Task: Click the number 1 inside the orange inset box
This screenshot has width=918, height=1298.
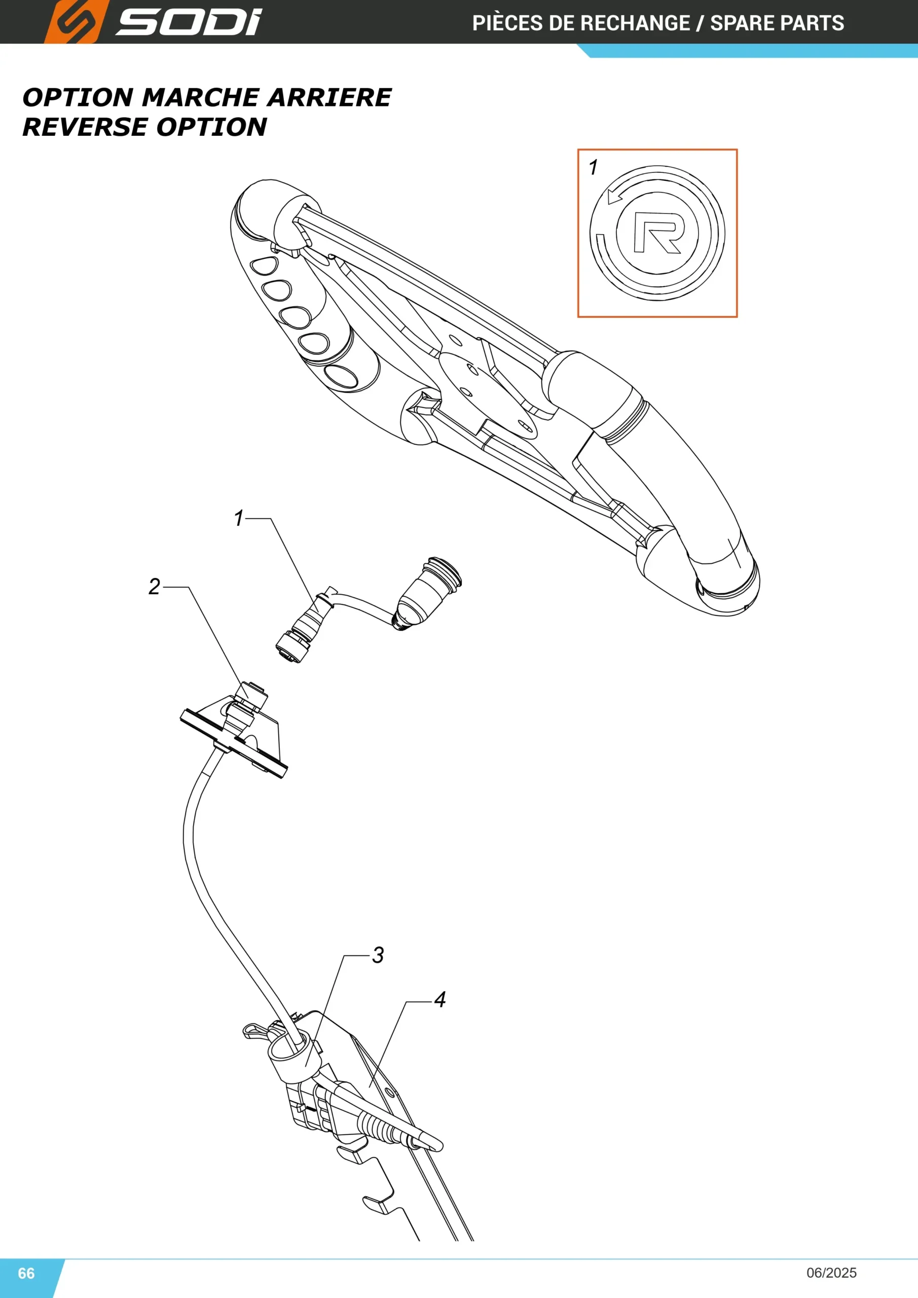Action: (x=593, y=167)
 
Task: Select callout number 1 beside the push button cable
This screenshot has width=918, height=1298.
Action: (x=239, y=518)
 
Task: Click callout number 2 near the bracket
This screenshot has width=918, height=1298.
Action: (x=154, y=586)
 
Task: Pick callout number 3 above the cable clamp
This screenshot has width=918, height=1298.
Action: (x=378, y=955)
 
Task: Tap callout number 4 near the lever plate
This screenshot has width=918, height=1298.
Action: (x=440, y=999)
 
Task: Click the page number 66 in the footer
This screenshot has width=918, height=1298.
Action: (x=26, y=1273)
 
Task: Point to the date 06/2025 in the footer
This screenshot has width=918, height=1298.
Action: (x=831, y=1273)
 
